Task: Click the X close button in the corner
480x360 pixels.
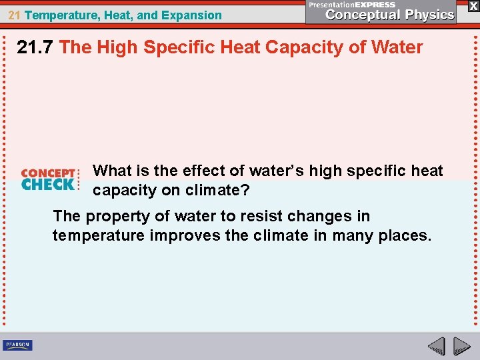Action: (473, 5)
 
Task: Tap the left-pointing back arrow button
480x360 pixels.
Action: (437, 346)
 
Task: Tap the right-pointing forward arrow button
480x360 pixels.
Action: (461, 346)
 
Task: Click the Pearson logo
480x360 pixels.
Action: (17, 345)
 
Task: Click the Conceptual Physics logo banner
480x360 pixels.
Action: (381, 11)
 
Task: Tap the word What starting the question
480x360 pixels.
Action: (113, 171)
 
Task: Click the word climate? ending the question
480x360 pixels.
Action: (216, 190)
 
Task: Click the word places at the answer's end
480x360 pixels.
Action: (406, 236)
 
